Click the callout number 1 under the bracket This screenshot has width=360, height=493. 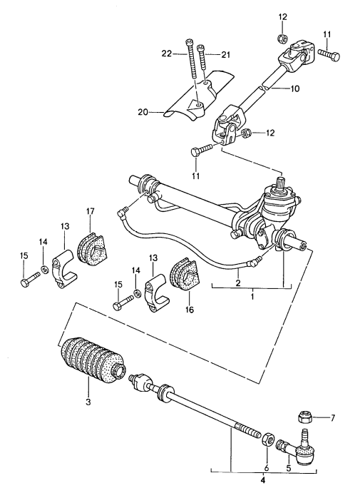(251, 295)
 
